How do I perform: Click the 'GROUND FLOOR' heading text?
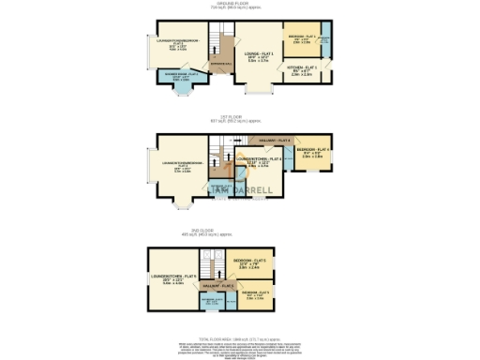coord(241,4)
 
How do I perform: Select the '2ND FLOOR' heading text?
coord(241,233)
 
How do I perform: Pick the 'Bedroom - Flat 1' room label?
coord(302,38)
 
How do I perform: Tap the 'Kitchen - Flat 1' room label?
coord(302,68)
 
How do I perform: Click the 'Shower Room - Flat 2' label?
coord(179,75)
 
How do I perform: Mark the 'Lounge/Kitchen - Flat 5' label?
coord(172,278)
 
